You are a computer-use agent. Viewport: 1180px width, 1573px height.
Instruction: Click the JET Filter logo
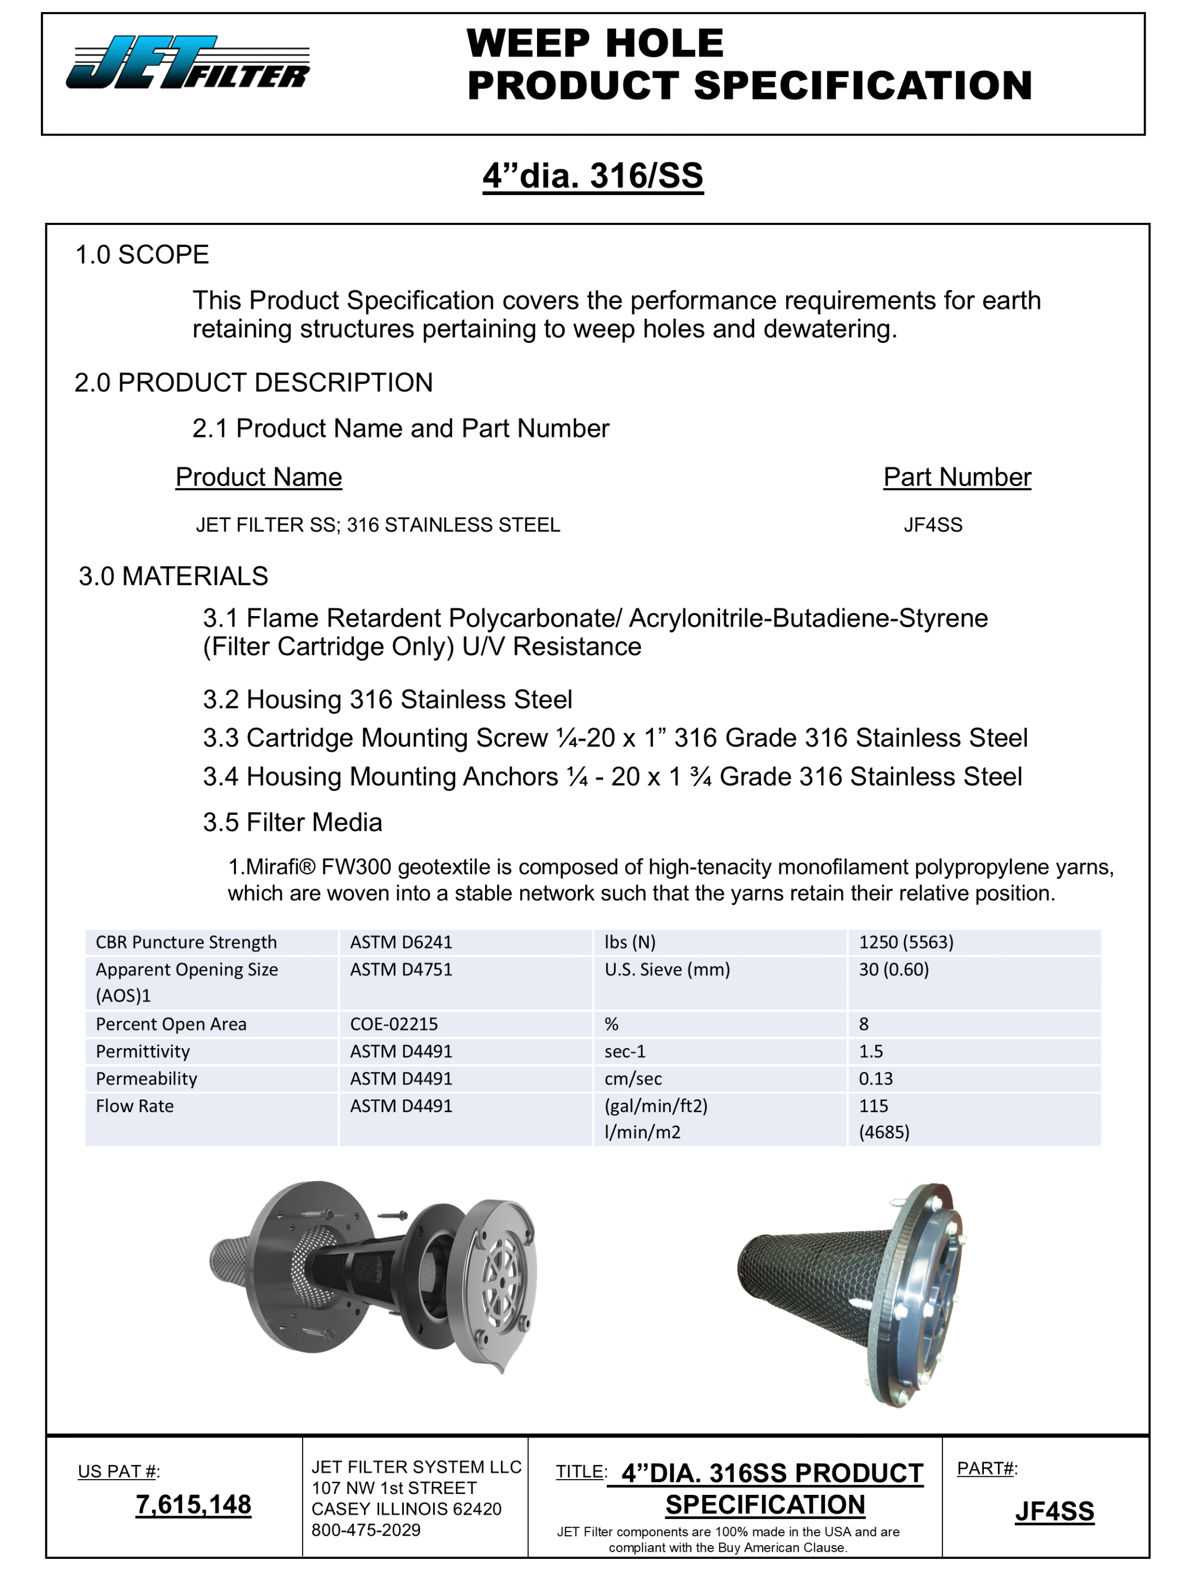pyautogui.click(x=188, y=63)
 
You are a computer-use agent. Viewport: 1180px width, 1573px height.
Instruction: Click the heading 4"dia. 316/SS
pyautogui.click(x=593, y=176)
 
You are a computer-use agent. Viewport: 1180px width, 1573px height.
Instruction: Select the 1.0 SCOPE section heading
pyautogui.click(x=142, y=255)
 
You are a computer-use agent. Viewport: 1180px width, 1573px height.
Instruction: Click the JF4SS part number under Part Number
pyautogui.click(x=933, y=525)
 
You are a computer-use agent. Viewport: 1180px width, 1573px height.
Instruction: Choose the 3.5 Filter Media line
pyautogui.click(x=292, y=822)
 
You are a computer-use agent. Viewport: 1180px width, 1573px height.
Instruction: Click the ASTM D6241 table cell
pyautogui.click(x=401, y=942)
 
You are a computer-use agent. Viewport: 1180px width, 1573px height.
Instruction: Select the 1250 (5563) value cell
pyautogui.click(x=905, y=942)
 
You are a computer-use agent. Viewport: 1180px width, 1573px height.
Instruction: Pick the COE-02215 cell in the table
pyautogui.click(x=393, y=1024)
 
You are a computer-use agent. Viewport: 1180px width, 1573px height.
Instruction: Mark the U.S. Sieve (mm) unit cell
pyautogui.click(x=666, y=969)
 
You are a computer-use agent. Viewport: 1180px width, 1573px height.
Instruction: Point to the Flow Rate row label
pyautogui.click(x=134, y=1106)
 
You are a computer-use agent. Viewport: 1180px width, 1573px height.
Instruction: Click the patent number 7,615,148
pyautogui.click(x=193, y=1504)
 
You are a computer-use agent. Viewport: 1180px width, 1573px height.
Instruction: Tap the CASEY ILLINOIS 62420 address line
pyautogui.click(x=406, y=1509)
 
